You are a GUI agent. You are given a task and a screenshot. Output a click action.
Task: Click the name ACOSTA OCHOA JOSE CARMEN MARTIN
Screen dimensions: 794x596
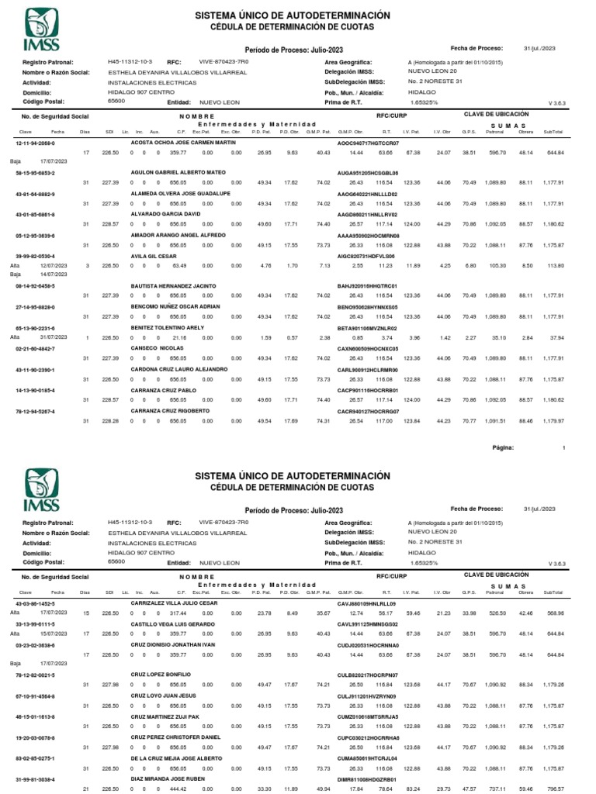click(x=182, y=144)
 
